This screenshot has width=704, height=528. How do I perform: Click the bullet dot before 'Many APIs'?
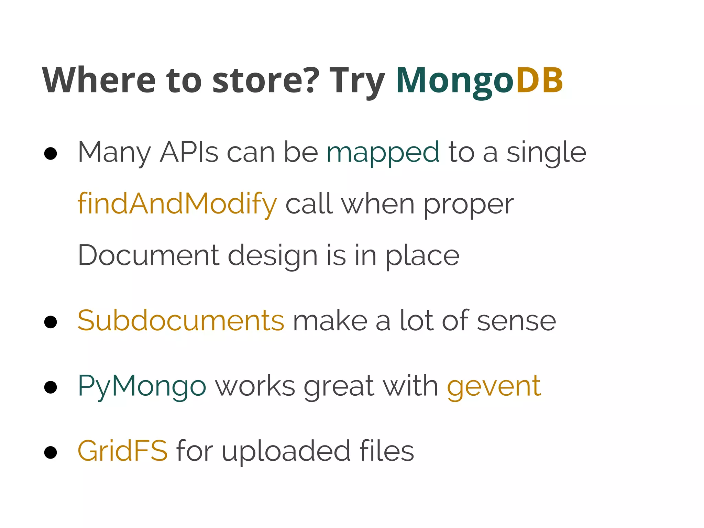(x=51, y=154)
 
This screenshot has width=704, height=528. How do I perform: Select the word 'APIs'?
(x=189, y=152)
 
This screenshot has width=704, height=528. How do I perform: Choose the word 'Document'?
(x=148, y=255)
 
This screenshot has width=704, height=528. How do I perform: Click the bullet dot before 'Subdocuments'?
(x=51, y=322)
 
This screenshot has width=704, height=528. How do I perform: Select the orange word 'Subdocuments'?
(x=181, y=320)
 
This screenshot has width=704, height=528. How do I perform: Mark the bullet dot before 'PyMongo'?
(x=51, y=387)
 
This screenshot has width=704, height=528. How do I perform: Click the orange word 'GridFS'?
(x=123, y=451)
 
